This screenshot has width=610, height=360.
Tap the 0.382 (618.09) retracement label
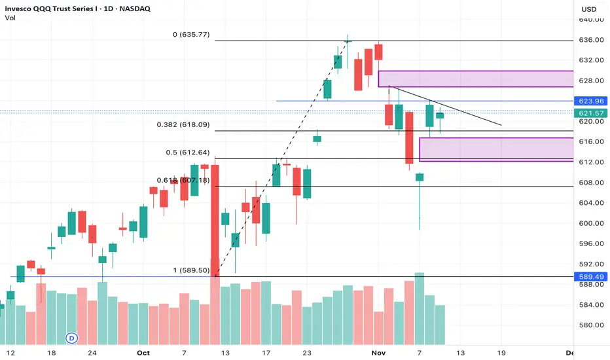click(x=179, y=124)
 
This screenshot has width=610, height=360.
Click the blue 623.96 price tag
click(x=591, y=101)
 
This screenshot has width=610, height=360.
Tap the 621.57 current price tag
click(x=591, y=113)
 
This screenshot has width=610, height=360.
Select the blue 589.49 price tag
click(x=591, y=277)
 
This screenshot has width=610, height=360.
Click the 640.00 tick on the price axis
click(x=590, y=20)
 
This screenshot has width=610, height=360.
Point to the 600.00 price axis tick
click(x=590, y=223)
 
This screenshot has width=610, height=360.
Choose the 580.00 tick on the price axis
click(x=590, y=325)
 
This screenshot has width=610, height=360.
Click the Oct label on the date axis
click(x=143, y=352)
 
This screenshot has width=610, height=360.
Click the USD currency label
click(x=589, y=9)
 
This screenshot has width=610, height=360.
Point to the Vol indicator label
click(x=12, y=18)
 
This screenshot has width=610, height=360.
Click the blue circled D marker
click(x=71, y=338)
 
